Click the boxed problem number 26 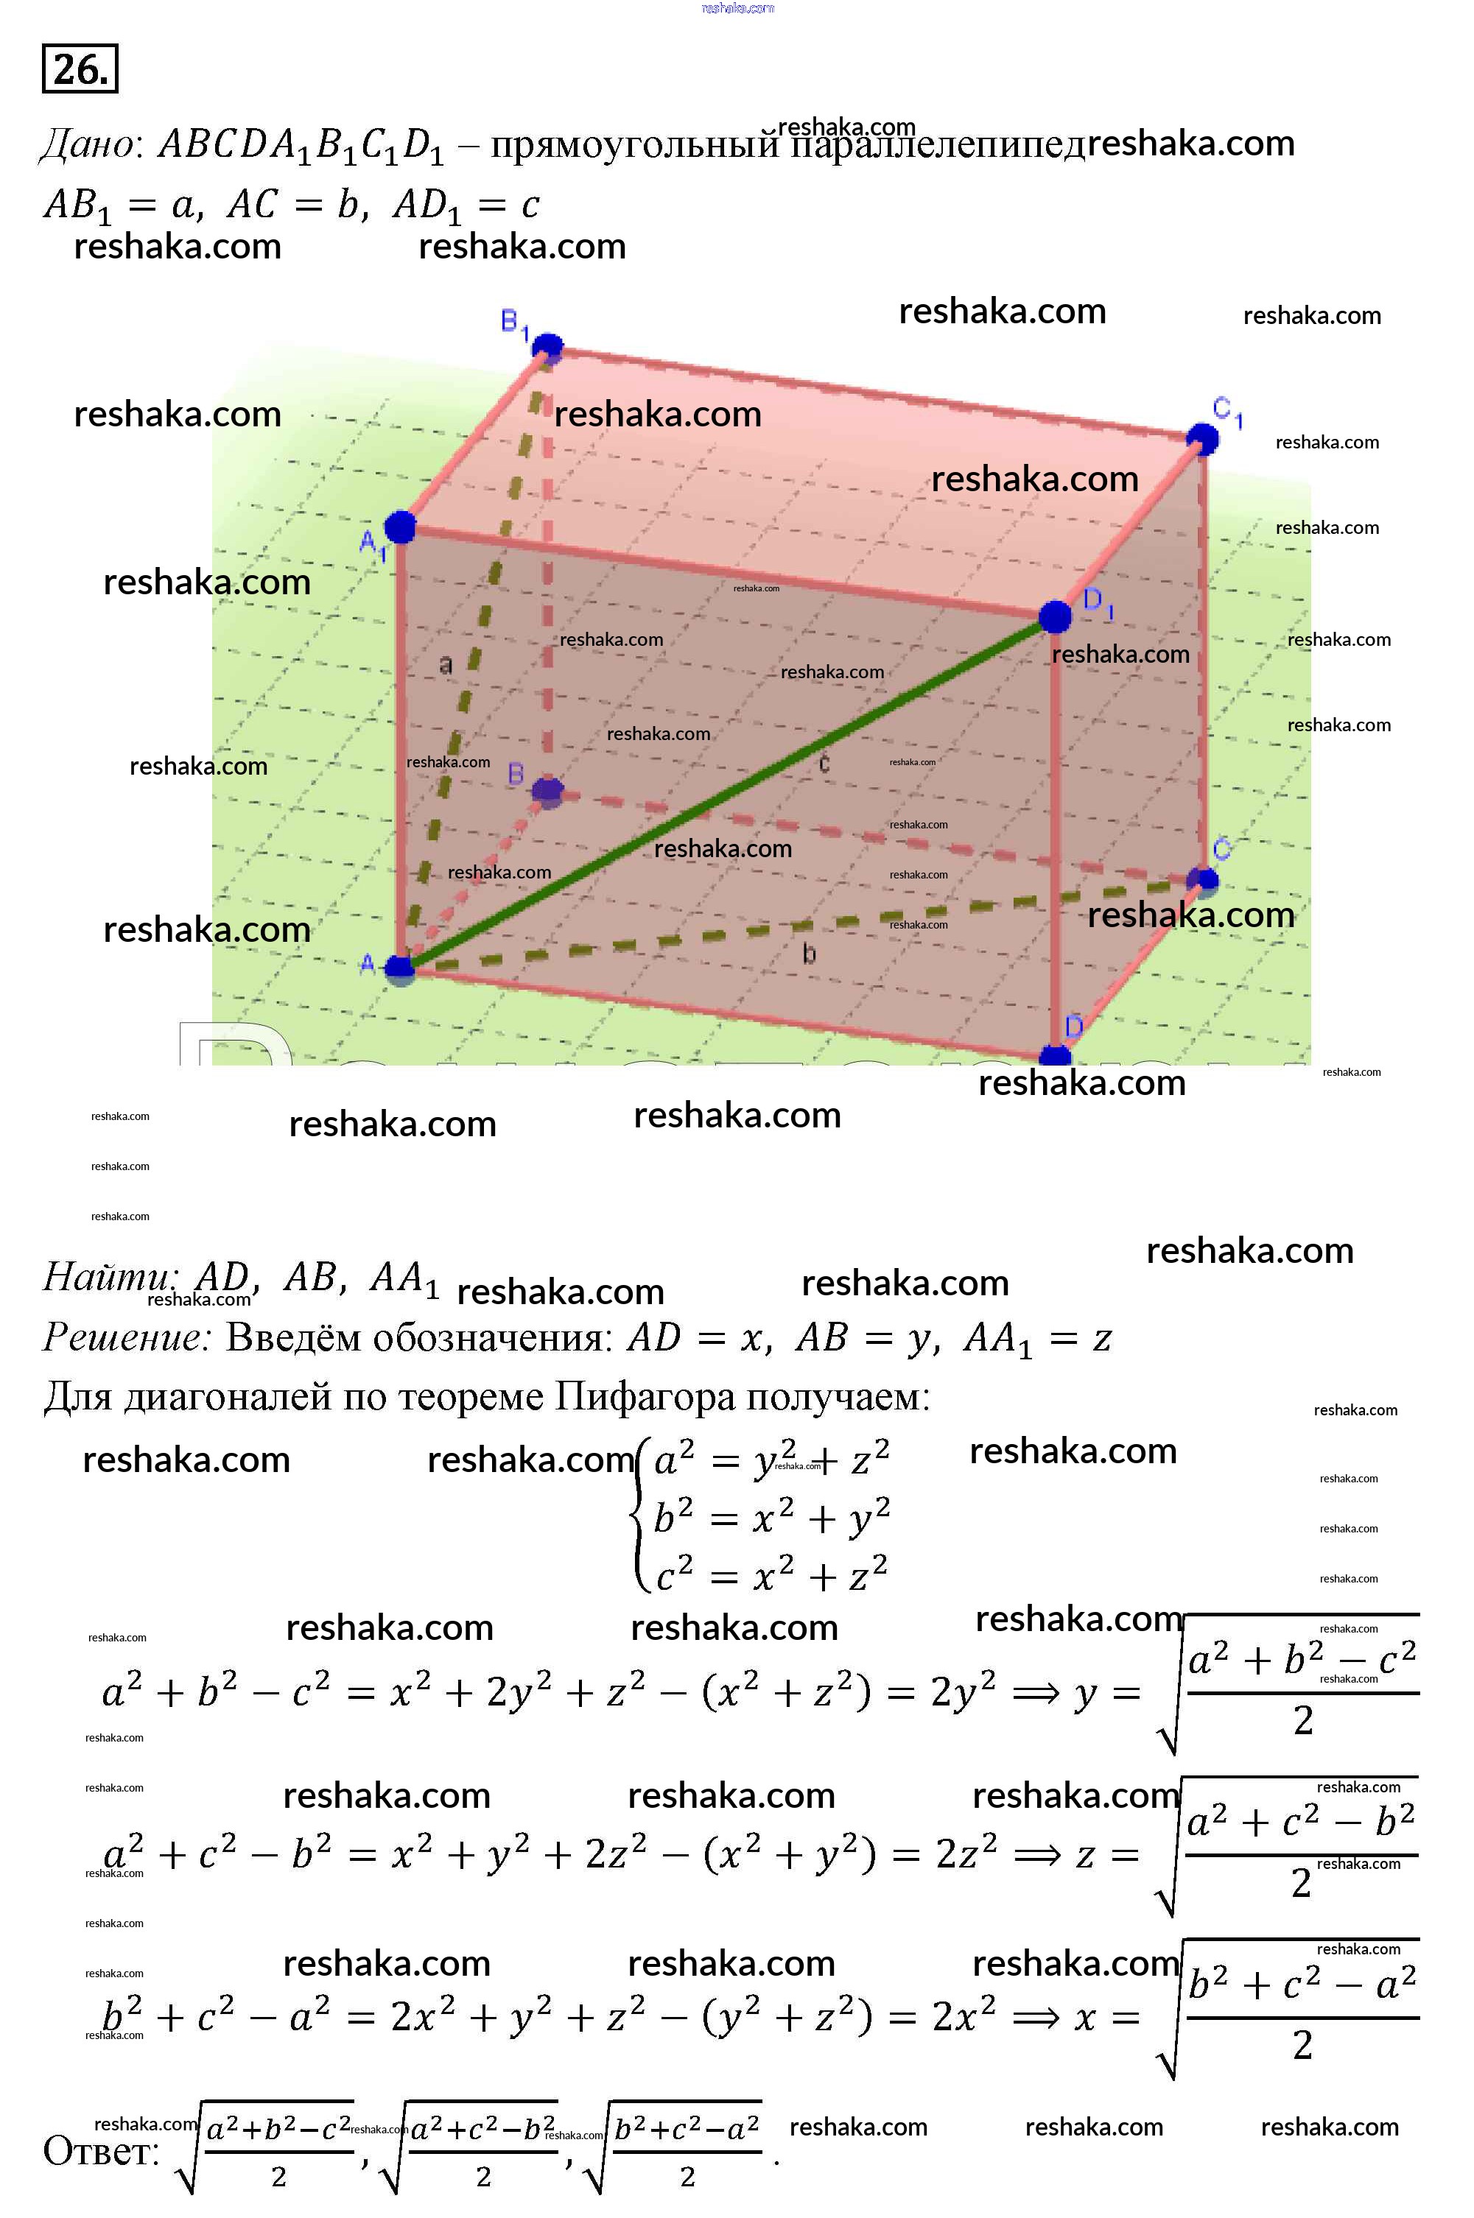click(80, 68)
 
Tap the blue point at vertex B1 click(547, 348)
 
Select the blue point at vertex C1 click(1201, 438)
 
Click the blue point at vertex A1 click(401, 527)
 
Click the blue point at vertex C click(1202, 880)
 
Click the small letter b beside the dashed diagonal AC click(808, 954)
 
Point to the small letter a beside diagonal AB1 click(446, 664)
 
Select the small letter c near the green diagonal click(824, 763)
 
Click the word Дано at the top click(88, 144)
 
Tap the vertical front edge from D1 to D click(1055, 837)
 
